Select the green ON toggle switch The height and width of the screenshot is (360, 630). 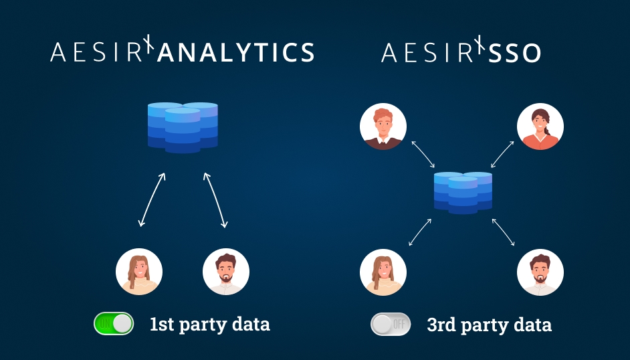pyautogui.click(x=114, y=324)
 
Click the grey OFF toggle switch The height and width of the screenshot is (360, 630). pyautogui.click(x=391, y=325)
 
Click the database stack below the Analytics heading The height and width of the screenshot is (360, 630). pyautogui.click(x=183, y=127)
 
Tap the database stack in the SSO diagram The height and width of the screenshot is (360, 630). pyautogui.click(x=463, y=193)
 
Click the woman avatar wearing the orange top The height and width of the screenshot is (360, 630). pyautogui.click(x=540, y=126)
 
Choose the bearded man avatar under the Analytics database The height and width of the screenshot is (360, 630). pyautogui.click(x=226, y=272)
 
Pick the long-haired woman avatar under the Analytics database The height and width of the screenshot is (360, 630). pyautogui.click(x=139, y=272)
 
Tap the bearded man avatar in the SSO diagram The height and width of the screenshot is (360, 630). pyautogui.click(x=540, y=272)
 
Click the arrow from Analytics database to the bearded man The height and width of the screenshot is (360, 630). pyautogui.click(x=215, y=200)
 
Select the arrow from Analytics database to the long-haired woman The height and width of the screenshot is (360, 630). pyautogui.click(x=152, y=200)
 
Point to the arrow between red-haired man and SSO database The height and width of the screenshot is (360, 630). pyautogui.click(x=423, y=154)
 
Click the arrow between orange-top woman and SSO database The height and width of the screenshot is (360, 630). pyautogui.click(x=503, y=154)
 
